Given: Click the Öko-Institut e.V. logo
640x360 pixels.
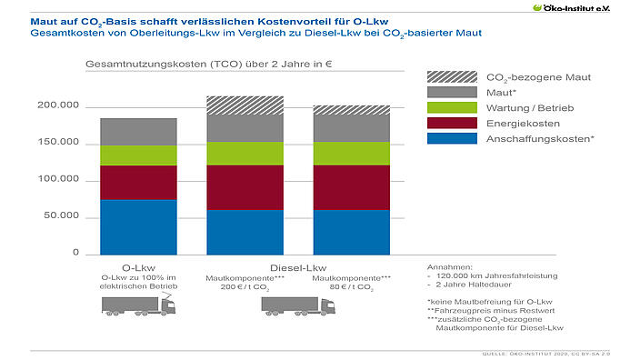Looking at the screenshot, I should point(595,7).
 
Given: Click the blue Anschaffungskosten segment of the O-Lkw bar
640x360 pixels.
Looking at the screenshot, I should point(138,226).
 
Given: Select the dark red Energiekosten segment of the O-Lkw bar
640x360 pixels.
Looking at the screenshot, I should point(138,182).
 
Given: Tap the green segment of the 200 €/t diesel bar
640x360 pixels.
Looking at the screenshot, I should point(245,153).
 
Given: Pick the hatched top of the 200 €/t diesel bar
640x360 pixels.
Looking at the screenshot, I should point(245,105).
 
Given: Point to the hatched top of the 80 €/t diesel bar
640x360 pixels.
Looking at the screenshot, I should point(351,110).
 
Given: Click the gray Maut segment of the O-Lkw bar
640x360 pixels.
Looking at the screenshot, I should point(138,131).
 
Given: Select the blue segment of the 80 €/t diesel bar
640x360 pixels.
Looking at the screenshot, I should point(351,232).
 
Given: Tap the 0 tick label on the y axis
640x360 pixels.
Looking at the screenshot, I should point(77,254).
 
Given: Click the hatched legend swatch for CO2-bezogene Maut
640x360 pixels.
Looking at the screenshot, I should point(452,77).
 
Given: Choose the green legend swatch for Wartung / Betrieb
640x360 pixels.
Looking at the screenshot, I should point(452,107).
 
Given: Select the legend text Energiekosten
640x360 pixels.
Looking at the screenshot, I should point(522,123).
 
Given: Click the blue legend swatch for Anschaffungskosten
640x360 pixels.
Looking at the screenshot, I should point(452,138).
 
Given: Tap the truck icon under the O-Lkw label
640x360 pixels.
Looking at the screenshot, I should point(139,307).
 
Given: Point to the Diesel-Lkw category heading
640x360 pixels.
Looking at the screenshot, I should point(298,267).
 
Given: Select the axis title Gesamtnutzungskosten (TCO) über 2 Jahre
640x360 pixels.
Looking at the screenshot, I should point(187,65).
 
